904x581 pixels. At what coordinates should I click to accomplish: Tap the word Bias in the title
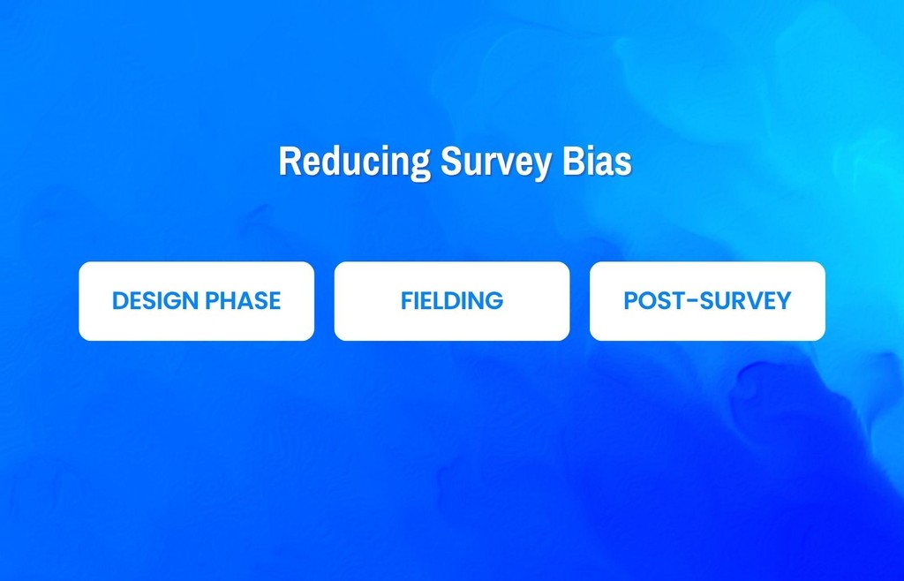coord(597,162)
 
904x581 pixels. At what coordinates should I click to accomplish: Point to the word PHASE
coord(243,300)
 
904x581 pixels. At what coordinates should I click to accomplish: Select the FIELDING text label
coord(452,300)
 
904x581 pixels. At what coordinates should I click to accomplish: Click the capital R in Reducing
coord(289,162)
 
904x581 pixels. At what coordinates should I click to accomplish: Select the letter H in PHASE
coord(227,300)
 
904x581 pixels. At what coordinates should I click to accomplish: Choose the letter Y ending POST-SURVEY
coord(782,300)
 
